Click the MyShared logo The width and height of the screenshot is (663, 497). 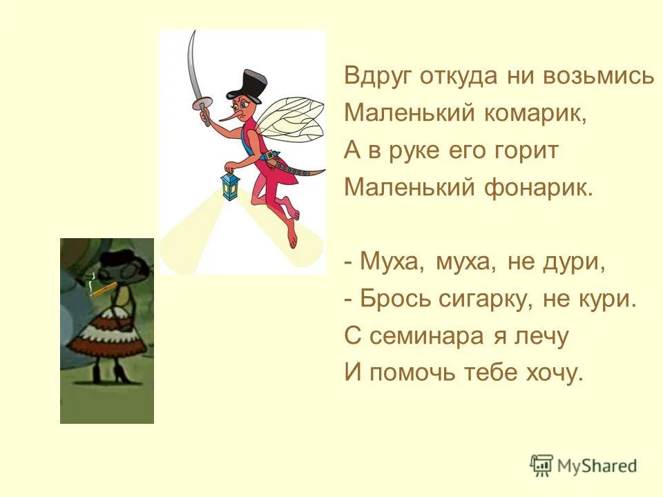[584, 466]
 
